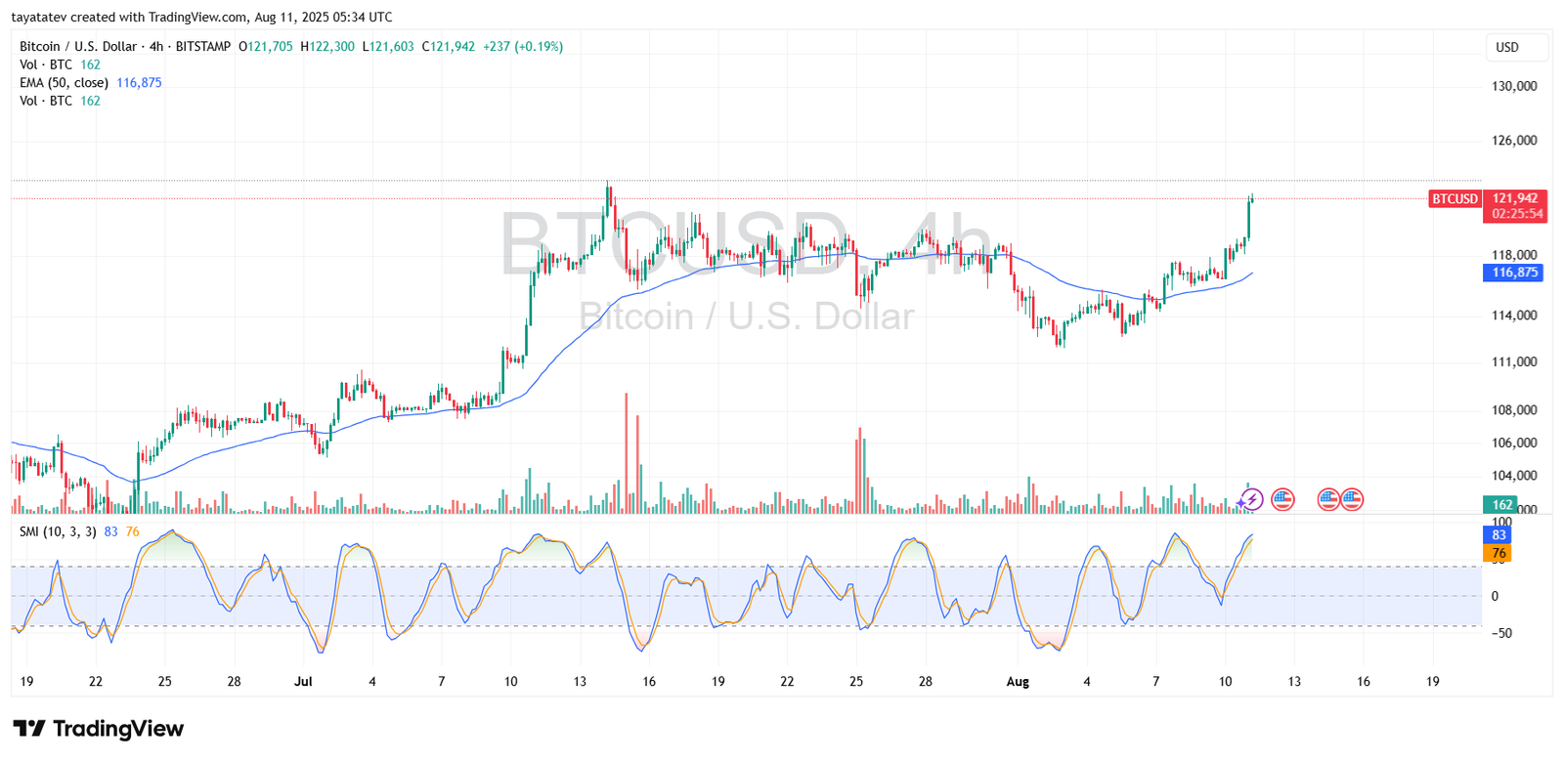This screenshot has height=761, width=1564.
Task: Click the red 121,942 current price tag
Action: (x=1514, y=198)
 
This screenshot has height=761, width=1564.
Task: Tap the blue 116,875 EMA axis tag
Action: (x=1514, y=273)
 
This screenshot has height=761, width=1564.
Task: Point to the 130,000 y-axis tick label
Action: (x=1514, y=86)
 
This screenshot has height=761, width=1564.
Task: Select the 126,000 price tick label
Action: (x=1514, y=141)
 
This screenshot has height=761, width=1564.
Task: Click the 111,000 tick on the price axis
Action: (x=1514, y=362)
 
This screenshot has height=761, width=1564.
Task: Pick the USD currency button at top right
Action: (x=1507, y=47)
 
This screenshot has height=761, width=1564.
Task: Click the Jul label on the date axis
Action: (x=303, y=682)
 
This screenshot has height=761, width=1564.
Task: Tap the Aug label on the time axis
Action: (x=1018, y=682)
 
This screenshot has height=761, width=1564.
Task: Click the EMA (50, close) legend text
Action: (x=64, y=83)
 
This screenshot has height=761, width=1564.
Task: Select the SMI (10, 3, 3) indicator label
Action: (x=58, y=531)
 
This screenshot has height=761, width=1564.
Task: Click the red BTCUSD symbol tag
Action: (x=1455, y=198)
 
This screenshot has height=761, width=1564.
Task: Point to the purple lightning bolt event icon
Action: (x=1251, y=500)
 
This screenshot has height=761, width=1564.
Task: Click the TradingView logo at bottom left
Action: (x=98, y=729)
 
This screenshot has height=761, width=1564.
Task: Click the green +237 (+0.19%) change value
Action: (x=523, y=47)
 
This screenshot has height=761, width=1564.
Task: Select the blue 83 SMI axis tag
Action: (x=1499, y=535)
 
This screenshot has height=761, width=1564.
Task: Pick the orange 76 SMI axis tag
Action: (x=1499, y=553)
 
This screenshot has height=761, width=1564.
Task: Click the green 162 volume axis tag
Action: (x=1501, y=505)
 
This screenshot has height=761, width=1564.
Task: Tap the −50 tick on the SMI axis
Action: (x=1500, y=633)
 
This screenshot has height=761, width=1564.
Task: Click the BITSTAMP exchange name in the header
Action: (x=203, y=47)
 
